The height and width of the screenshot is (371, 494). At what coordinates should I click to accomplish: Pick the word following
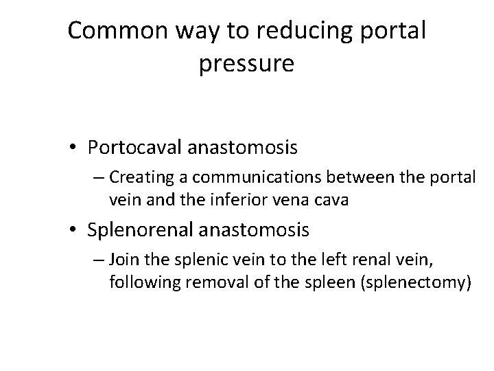point(138,282)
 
